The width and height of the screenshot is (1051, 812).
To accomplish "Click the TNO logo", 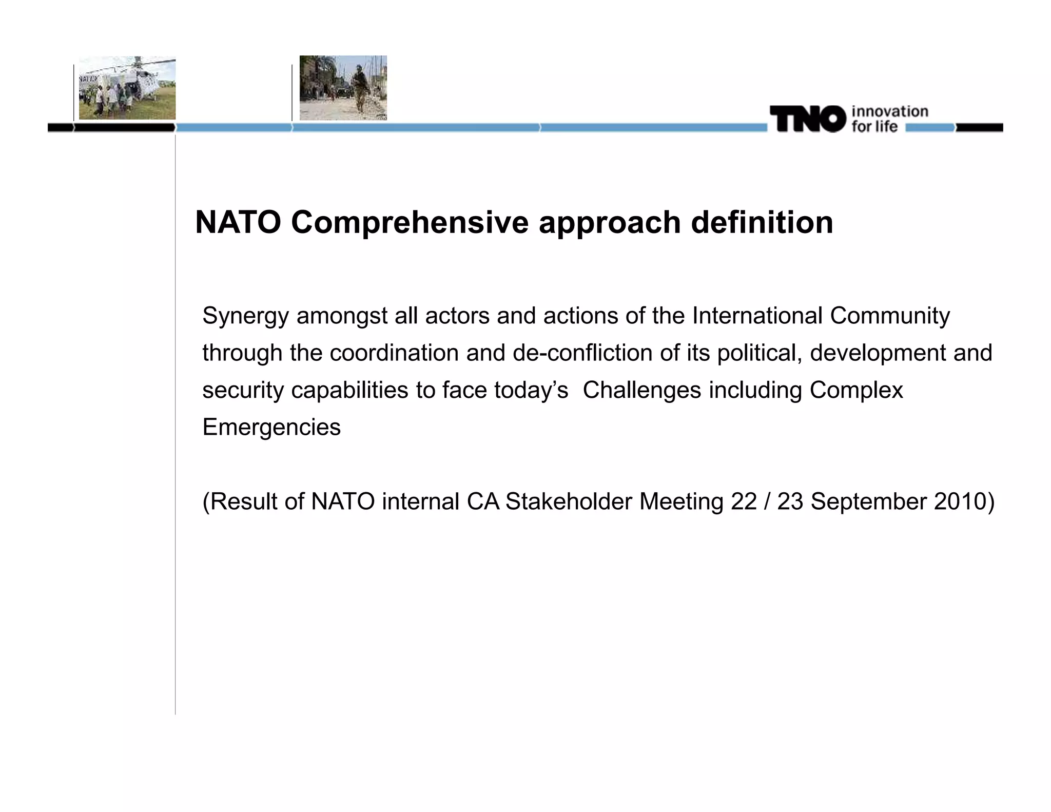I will coord(807,119).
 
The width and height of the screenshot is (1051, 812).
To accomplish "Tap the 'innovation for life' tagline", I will coord(890,119).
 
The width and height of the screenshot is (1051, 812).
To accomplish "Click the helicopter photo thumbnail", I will coord(127,88).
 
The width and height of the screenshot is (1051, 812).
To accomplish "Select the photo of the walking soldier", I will coord(343,88).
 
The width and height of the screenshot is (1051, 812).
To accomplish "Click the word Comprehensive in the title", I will coord(410,223).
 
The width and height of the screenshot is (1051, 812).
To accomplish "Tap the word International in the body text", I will coord(757,316).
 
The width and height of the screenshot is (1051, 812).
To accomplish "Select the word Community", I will coord(889,316).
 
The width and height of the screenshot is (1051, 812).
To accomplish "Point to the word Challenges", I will coord(641,390).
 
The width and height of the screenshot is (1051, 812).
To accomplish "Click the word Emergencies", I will coord(271,428).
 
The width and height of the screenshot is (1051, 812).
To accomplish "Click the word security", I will coord(243,390).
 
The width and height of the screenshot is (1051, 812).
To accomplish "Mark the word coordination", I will coord(394,353).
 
